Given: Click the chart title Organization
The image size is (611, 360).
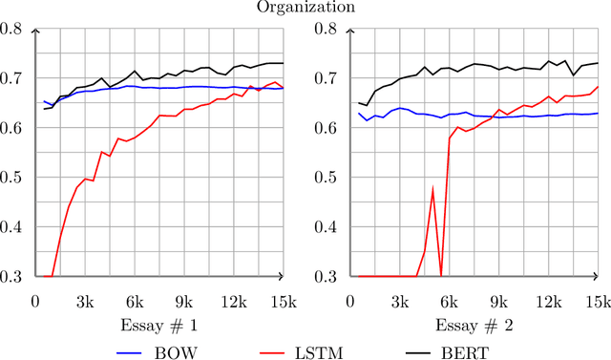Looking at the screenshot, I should (x=305, y=8).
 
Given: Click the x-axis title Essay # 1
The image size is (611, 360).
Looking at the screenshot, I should (x=159, y=325).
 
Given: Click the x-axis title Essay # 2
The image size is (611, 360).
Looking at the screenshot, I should (x=474, y=325).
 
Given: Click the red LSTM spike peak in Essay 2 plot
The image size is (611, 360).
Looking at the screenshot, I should (x=432, y=189).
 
